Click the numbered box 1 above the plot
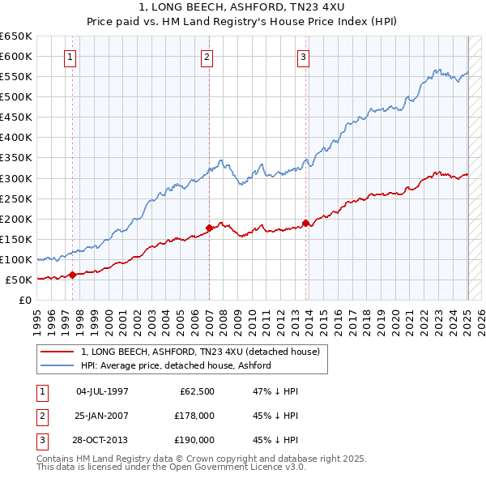pos(71,57)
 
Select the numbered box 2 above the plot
pos(207,57)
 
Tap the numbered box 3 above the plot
pos(303,57)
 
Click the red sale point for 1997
pos(72,275)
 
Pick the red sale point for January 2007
pos(209,228)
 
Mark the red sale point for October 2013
pos(305,223)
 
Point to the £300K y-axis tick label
pos(16,178)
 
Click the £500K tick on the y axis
pos(16,96)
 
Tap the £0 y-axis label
pos(27,300)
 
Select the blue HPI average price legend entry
pos(175,365)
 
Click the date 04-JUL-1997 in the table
pos(102,391)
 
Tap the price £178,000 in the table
pos(195,416)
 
